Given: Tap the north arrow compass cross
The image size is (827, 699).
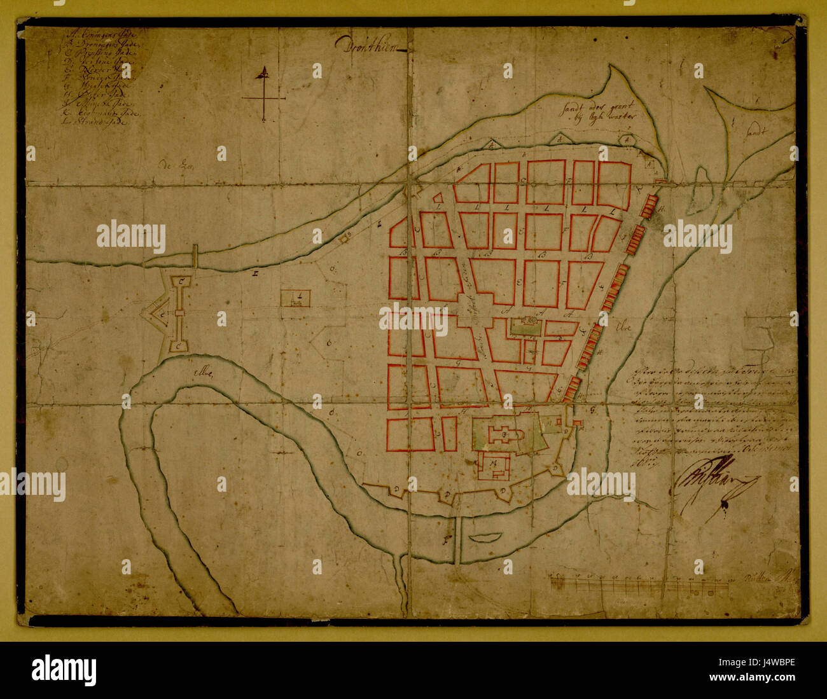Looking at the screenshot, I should point(263,95).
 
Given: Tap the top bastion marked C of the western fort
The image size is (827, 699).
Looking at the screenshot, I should point(181,281).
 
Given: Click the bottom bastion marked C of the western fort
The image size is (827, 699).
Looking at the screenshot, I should point(180,345).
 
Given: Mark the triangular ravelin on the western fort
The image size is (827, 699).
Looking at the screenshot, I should point(152,314).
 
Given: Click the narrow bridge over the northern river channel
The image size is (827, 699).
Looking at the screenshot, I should point(196,256).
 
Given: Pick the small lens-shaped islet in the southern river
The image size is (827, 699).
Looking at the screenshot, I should point(483,537).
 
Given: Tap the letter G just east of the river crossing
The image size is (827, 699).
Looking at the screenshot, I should point(592,410).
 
